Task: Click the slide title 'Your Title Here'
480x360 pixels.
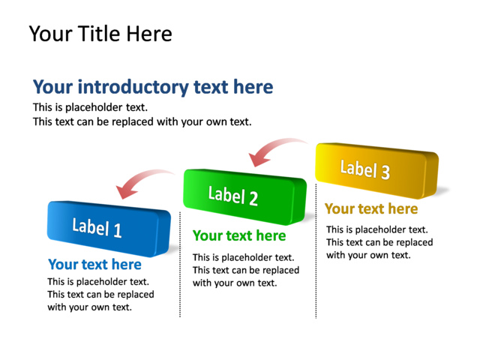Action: pyautogui.click(x=100, y=34)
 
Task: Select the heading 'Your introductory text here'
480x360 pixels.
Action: pyautogui.click(x=153, y=87)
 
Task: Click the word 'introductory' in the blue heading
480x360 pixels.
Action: pyautogui.click(x=133, y=87)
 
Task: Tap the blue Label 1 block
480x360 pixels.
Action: pyautogui.click(x=109, y=229)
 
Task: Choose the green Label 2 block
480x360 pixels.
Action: pyautogui.click(x=245, y=196)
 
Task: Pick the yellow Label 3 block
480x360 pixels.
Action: pyautogui.click(x=377, y=170)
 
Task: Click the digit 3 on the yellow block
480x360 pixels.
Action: pyautogui.click(x=385, y=172)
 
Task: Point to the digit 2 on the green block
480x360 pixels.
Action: pyautogui.click(x=253, y=198)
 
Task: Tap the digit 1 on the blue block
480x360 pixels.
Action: pyautogui.click(x=118, y=230)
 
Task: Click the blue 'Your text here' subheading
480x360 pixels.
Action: pyautogui.click(x=94, y=265)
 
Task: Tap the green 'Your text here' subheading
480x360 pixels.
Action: pyautogui.click(x=239, y=235)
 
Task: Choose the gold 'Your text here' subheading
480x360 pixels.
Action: pyautogui.click(x=371, y=208)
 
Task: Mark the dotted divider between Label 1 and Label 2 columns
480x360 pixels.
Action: pyautogui.click(x=180, y=264)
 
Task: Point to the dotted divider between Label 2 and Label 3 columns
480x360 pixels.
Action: pyautogui.click(x=316, y=251)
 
